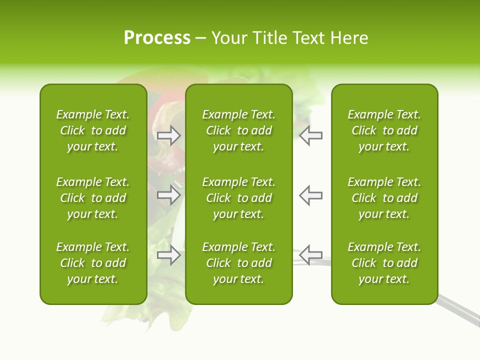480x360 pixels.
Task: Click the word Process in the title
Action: click(x=157, y=38)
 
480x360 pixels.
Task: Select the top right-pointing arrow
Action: click(x=168, y=135)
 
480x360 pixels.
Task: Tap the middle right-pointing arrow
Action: click(x=168, y=195)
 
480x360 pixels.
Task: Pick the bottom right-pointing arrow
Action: click(x=168, y=255)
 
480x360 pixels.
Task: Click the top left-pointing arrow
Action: click(x=310, y=135)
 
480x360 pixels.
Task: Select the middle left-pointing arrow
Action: click(x=310, y=195)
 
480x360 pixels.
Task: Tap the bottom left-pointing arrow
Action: click(x=310, y=254)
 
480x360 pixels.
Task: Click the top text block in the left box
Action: click(x=93, y=130)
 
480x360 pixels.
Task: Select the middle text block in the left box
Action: click(x=93, y=198)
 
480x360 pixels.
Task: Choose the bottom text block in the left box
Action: click(x=93, y=263)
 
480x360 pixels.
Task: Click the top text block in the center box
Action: click(x=238, y=130)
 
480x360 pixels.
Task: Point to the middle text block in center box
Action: click(x=238, y=198)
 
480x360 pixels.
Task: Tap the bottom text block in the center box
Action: click(x=238, y=263)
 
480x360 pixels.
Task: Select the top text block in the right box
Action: click(x=384, y=130)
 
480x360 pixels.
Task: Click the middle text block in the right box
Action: click(x=384, y=198)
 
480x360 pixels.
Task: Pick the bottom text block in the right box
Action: click(x=384, y=263)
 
